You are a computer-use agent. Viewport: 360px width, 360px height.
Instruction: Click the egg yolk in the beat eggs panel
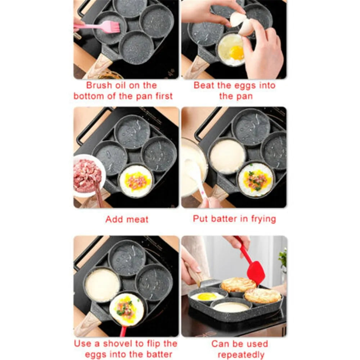(x=237, y=53)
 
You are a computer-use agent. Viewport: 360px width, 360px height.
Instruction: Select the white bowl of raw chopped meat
(x=87, y=175)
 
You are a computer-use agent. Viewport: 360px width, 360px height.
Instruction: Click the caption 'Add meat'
(x=127, y=219)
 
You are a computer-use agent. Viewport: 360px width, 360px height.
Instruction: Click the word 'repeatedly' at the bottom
(x=241, y=354)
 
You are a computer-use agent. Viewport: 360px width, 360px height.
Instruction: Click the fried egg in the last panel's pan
(x=207, y=296)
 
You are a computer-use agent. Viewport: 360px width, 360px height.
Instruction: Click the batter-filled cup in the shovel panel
(x=103, y=284)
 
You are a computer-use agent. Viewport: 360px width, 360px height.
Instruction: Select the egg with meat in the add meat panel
(x=136, y=181)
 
